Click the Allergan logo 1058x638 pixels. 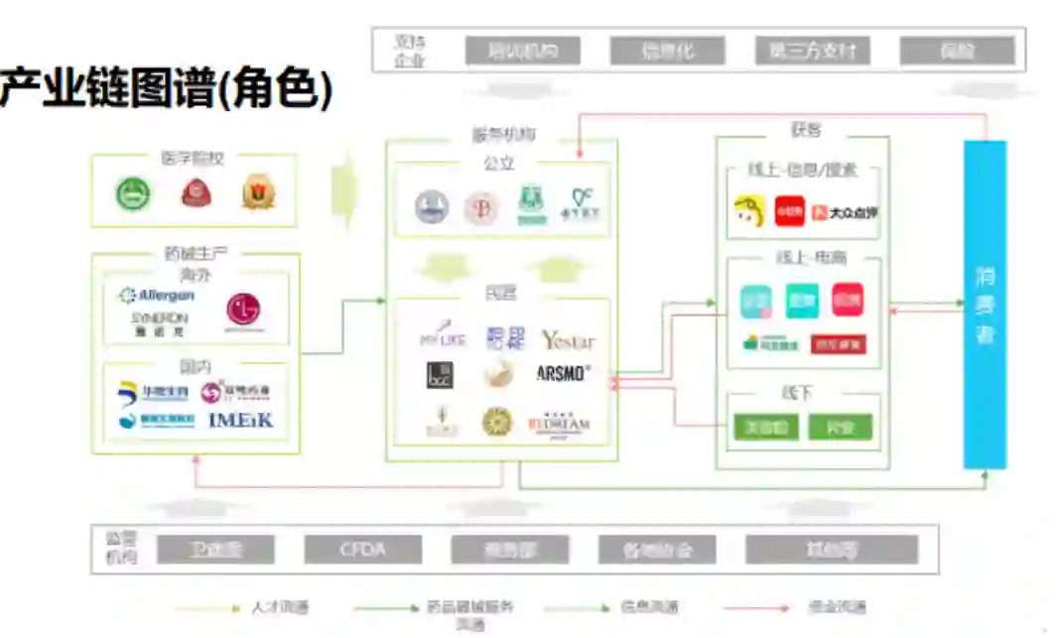[x=157, y=295]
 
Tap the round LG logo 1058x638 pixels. [x=244, y=310]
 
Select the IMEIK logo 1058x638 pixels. [x=240, y=420]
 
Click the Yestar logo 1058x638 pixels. [x=568, y=340]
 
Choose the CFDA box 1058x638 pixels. [x=362, y=549]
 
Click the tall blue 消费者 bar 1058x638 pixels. [x=985, y=304]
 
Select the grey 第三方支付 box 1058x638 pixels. [x=812, y=51]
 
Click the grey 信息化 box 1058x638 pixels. [x=667, y=51]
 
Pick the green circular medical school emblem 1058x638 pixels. [x=132, y=193]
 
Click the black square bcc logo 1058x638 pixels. [x=440, y=375]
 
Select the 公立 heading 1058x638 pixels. [x=499, y=163]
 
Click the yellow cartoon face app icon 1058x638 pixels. [x=750, y=210]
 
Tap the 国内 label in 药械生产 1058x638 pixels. [x=196, y=367]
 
